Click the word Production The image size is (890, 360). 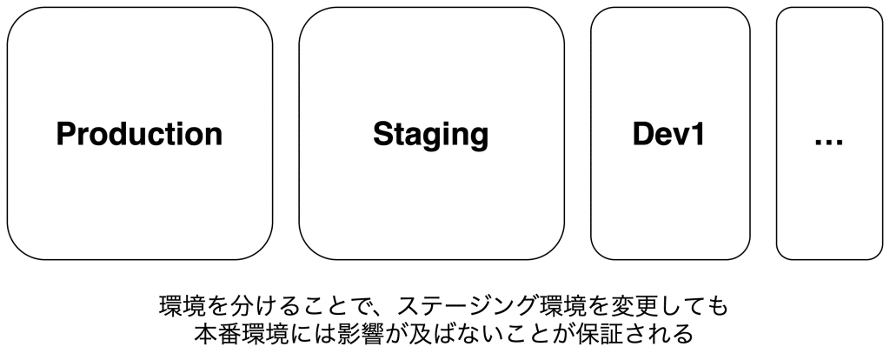click(x=139, y=135)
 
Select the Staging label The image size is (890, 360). click(x=431, y=136)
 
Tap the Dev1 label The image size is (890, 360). click(x=669, y=135)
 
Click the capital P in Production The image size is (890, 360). click(x=65, y=135)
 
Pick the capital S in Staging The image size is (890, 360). click(x=383, y=135)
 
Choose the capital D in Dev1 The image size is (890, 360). click(x=644, y=135)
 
